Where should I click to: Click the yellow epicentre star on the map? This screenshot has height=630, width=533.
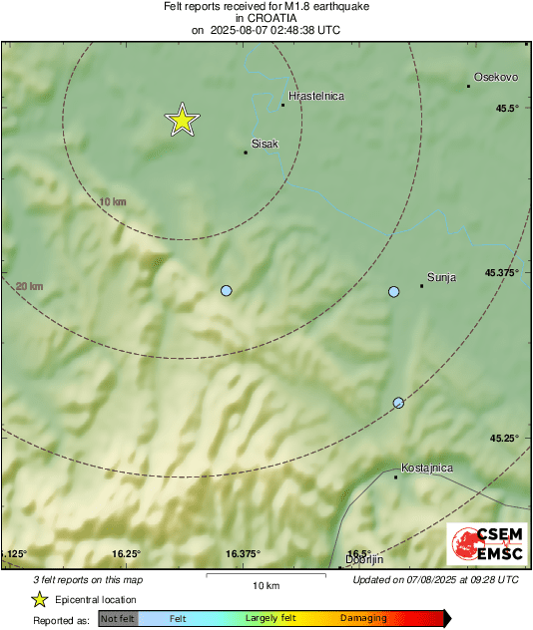click(x=182, y=120)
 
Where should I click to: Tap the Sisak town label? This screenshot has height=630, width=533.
click(x=265, y=144)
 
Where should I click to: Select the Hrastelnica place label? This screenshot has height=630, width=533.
click(x=315, y=96)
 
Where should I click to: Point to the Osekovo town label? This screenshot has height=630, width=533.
click(x=493, y=76)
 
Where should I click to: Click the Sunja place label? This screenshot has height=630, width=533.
click(x=441, y=278)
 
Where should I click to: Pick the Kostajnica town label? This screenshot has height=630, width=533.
click(x=426, y=468)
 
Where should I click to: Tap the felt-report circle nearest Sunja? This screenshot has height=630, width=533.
click(x=393, y=291)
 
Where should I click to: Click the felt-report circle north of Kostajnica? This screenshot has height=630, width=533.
click(x=398, y=403)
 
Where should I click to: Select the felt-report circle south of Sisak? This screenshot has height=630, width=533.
click(x=226, y=290)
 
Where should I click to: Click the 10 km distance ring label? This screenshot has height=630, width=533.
click(x=112, y=202)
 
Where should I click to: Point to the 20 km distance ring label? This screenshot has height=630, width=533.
click(x=30, y=286)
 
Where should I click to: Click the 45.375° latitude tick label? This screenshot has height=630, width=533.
click(x=502, y=272)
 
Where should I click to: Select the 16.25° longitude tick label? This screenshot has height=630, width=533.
click(x=126, y=554)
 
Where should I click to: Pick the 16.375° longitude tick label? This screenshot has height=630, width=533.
click(x=243, y=554)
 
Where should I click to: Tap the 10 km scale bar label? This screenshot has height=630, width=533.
click(x=266, y=584)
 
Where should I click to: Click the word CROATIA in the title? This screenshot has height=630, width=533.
click(x=265, y=18)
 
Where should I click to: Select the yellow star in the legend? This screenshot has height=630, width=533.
click(x=39, y=599)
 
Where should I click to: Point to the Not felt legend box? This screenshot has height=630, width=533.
click(x=118, y=618)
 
